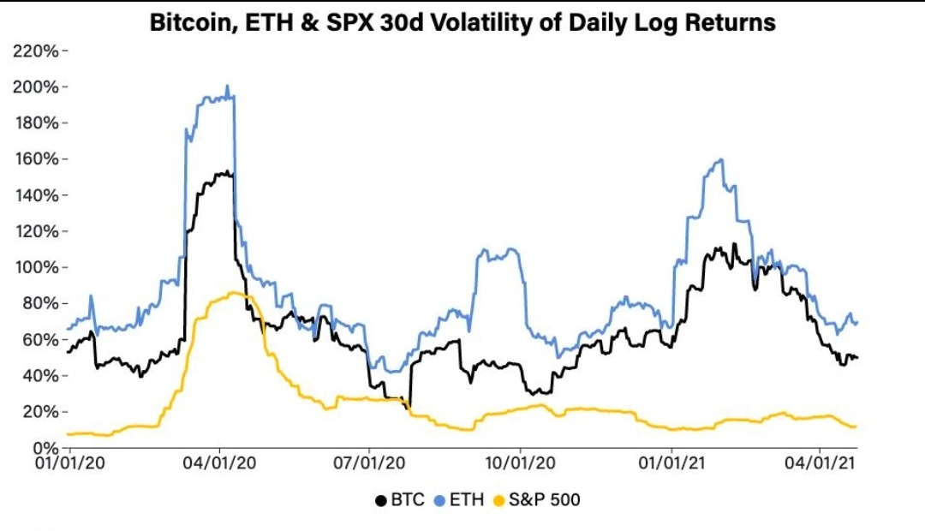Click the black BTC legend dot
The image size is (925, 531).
click(380, 499)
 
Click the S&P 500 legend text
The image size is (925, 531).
click(543, 499)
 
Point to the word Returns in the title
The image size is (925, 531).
click(731, 23)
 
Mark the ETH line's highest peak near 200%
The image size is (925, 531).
click(227, 87)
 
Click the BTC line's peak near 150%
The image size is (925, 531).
click(224, 172)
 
